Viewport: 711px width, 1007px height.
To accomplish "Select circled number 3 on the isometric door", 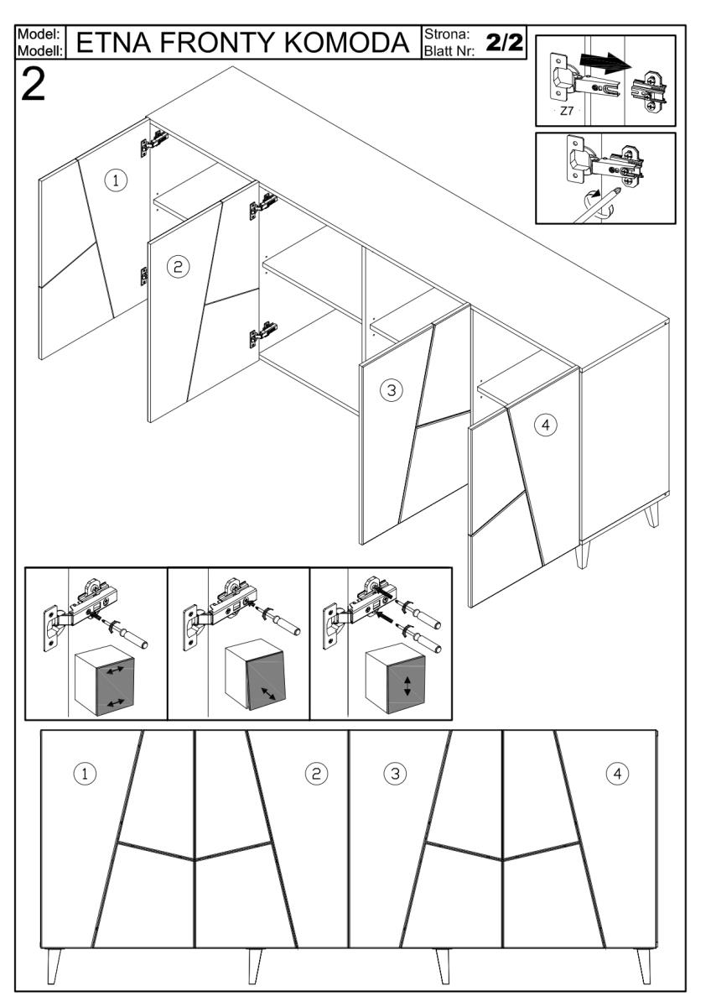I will click(390, 389).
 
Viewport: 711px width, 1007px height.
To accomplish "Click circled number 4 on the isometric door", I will click(545, 425).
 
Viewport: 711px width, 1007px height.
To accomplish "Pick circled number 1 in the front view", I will click(85, 773).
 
